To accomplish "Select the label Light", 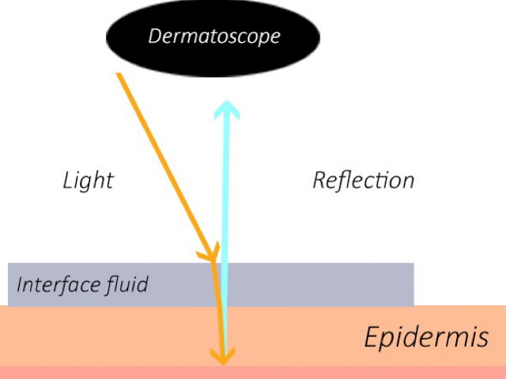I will click(88, 180).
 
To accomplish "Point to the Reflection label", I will click(363, 180).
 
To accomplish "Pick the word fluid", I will click(126, 284).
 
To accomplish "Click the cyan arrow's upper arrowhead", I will click(227, 108).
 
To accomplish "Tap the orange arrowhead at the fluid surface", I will click(211, 254).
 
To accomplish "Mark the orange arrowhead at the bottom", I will click(224, 358).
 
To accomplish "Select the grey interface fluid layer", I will click(316, 284).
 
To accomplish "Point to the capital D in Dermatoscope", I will click(155, 36).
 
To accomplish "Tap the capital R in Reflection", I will click(319, 180).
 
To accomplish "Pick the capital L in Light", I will click(68, 180).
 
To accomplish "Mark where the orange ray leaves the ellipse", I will click(119, 74).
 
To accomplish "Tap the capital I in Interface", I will click(19, 284).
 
